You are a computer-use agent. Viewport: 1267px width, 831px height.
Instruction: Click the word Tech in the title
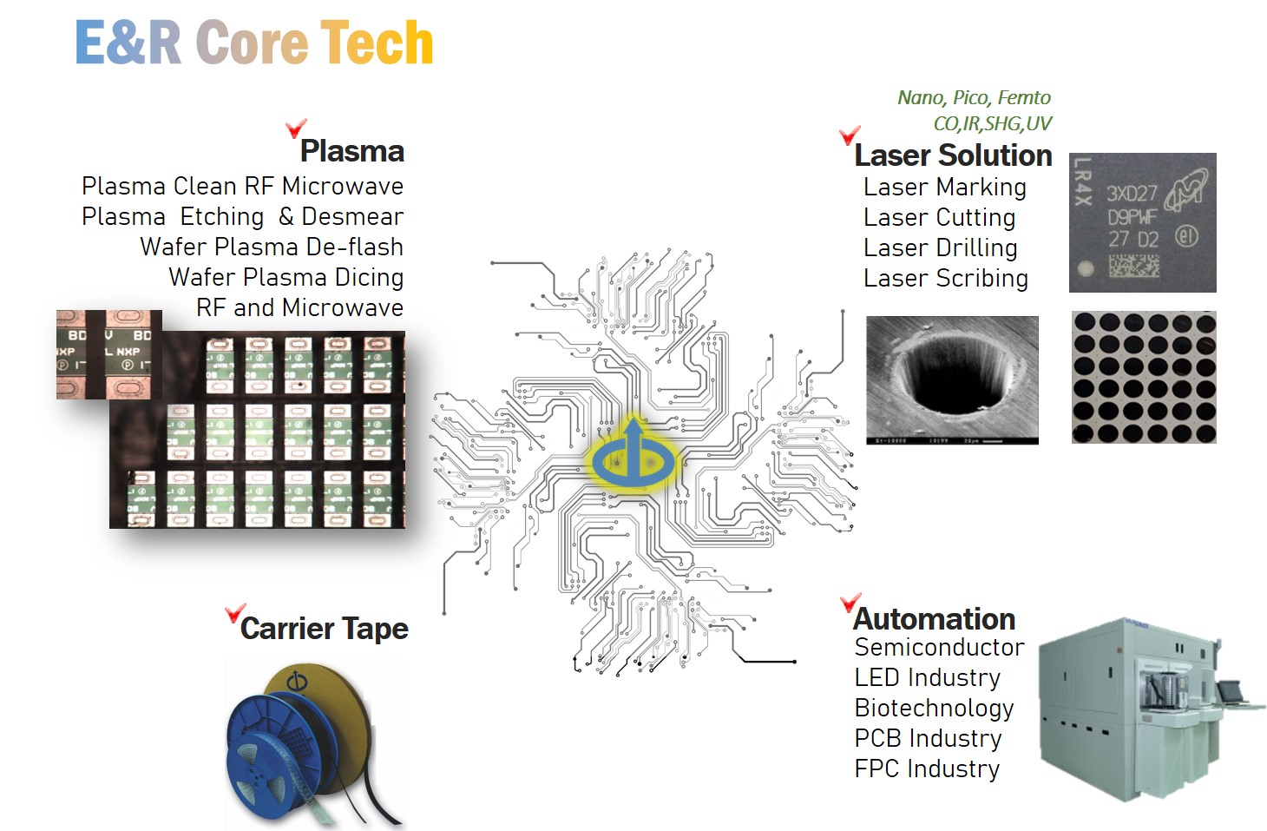pos(377,43)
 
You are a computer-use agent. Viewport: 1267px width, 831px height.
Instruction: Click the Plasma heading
pos(351,151)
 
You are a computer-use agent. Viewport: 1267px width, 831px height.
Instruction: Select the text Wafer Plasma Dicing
pos(286,277)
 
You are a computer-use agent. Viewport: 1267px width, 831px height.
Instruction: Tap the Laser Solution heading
pos(953,155)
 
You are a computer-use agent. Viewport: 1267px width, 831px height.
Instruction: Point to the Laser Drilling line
pos(940,247)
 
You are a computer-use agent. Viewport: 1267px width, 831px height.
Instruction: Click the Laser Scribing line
pos(945,278)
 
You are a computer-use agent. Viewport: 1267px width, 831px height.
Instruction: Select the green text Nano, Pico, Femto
pos(974,97)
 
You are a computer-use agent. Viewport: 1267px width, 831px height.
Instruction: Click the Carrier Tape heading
pos(324,628)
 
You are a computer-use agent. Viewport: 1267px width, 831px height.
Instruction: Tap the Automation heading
pos(934,618)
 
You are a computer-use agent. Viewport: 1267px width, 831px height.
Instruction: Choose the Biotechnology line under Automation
pos(934,708)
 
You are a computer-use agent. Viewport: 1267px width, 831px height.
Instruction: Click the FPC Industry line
pos(927,768)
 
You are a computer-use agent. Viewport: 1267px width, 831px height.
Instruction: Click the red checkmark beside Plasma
pos(295,129)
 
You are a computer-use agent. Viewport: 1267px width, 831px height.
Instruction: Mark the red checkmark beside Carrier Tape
pos(234,613)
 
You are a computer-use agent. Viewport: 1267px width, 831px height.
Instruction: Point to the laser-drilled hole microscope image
pos(952,379)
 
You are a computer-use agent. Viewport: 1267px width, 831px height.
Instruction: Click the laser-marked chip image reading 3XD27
pos(1142,222)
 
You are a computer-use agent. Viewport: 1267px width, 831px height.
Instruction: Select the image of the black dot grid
pos(1144,377)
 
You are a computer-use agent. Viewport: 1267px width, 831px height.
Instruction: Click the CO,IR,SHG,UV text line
pos(992,123)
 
